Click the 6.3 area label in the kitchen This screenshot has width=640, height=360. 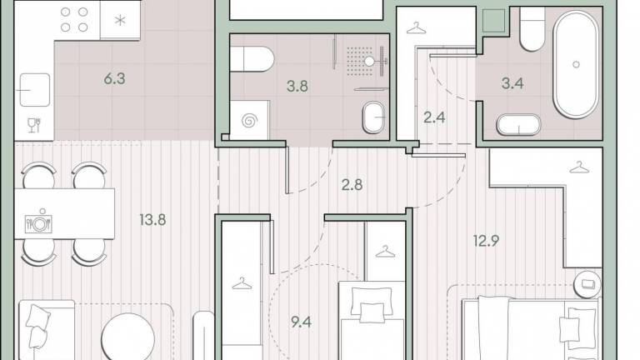pyautogui.click(x=114, y=78)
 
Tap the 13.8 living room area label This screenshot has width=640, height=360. pyautogui.click(x=152, y=220)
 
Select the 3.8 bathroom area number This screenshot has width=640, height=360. pyautogui.click(x=297, y=86)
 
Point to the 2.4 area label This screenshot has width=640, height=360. pyautogui.click(x=434, y=117)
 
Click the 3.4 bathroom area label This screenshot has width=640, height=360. pyautogui.click(x=512, y=83)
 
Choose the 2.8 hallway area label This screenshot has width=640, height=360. pyautogui.click(x=352, y=185)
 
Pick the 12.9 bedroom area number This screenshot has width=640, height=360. pyautogui.click(x=486, y=241)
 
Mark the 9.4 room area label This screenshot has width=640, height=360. pyautogui.click(x=301, y=322)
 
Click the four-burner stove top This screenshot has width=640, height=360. pyautogui.click(x=74, y=20)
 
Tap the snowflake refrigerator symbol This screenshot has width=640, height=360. pyautogui.click(x=120, y=20)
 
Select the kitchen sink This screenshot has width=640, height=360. pyautogui.click(x=35, y=90)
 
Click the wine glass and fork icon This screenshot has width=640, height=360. pyautogui.click(x=34, y=125)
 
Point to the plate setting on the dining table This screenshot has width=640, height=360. pyautogui.click(x=39, y=222)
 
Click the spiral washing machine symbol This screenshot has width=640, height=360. pyautogui.click(x=250, y=121)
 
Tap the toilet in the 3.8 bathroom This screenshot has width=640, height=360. pyautogui.click(x=252, y=59)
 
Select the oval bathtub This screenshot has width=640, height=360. pyautogui.click(x=576, y=64)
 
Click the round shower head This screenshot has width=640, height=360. pyautogui.click(x=369, y=61)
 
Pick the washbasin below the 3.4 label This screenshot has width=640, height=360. pyautogui.click(x=518, y=124)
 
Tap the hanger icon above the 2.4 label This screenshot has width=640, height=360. pyautogui.click(x=416, y=28)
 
